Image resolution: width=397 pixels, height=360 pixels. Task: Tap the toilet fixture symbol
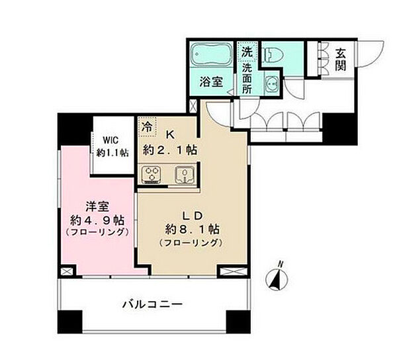pos(273,54)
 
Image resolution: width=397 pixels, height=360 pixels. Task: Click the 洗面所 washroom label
pos(246,78)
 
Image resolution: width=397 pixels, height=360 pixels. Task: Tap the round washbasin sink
pos(272,84)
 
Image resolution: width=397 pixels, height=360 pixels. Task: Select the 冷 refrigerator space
pos(148,124)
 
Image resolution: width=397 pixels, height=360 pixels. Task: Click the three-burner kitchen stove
pos(152,175)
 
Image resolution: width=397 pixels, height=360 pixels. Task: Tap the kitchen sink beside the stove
pos(183,175)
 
